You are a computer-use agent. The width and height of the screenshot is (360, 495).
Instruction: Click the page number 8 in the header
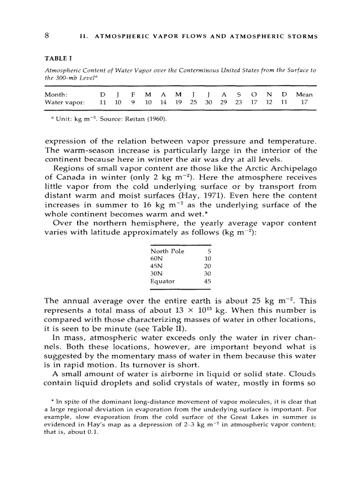[x=47, y=36]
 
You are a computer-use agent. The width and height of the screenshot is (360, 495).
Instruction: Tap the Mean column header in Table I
[x=304, y=94]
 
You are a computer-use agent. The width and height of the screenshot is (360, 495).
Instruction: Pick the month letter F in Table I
[x=133, y=94]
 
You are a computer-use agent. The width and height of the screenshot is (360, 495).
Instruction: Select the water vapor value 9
[x=133, y=102]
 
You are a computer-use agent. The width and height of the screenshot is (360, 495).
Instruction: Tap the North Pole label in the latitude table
[x=167, y=251]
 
